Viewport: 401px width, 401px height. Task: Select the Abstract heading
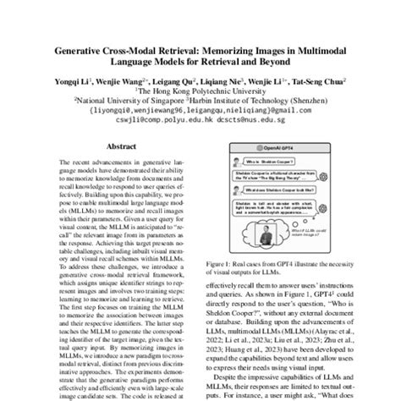click(x=118, y=146)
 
